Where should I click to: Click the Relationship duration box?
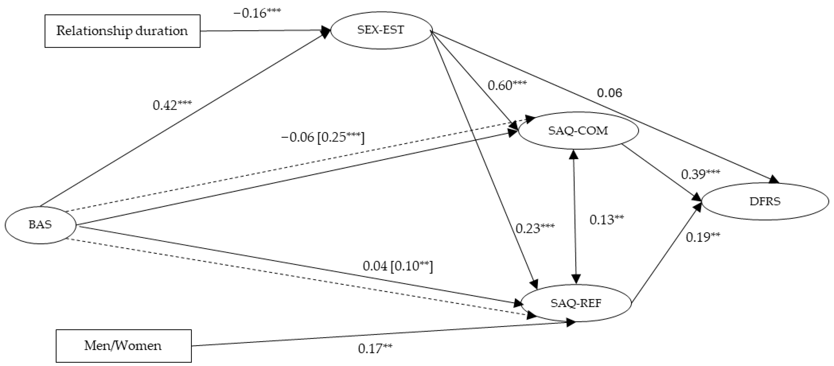point(122,31)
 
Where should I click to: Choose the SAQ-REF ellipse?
point(576,303)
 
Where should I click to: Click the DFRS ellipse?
point(765,201)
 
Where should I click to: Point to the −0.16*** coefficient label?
point(257,14)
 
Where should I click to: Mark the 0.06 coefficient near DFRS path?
point(609,93)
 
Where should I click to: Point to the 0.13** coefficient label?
point(606,220)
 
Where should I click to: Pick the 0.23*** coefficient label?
point(535,229)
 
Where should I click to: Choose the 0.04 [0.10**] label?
point(398,266)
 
